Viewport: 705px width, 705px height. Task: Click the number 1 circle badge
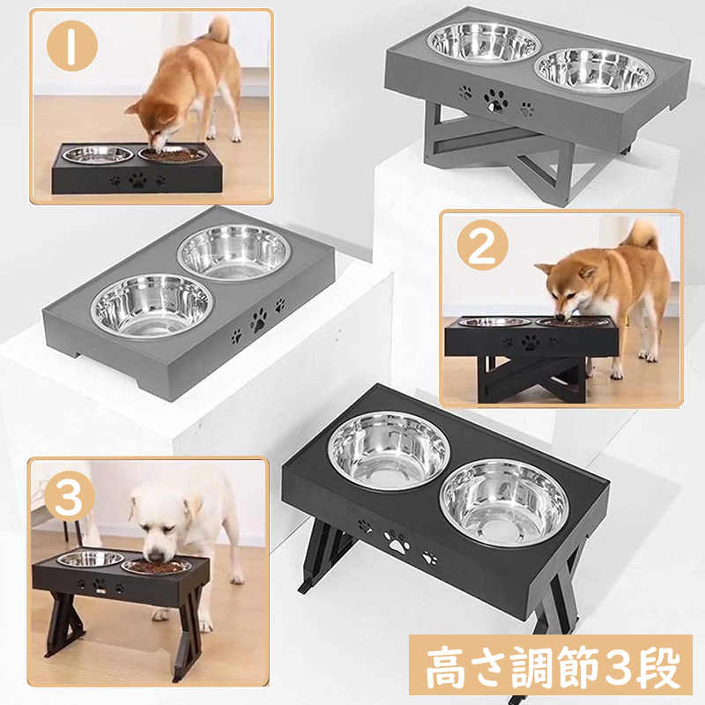72,46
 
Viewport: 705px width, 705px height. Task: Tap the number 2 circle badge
482,245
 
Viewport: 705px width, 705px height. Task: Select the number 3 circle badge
70,496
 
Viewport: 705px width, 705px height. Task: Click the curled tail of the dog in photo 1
219,29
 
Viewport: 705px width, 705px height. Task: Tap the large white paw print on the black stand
397,542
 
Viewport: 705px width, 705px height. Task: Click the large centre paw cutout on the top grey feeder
496,100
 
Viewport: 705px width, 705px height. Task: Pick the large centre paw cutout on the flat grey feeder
259,320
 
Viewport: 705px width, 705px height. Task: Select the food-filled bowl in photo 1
173,155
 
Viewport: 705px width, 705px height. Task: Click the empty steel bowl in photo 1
98,155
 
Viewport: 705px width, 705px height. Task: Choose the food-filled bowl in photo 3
156,566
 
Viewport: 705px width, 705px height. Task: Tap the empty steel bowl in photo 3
91,560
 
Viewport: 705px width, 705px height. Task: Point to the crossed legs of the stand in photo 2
531,378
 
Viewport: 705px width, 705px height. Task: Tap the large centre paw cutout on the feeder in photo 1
138,181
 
